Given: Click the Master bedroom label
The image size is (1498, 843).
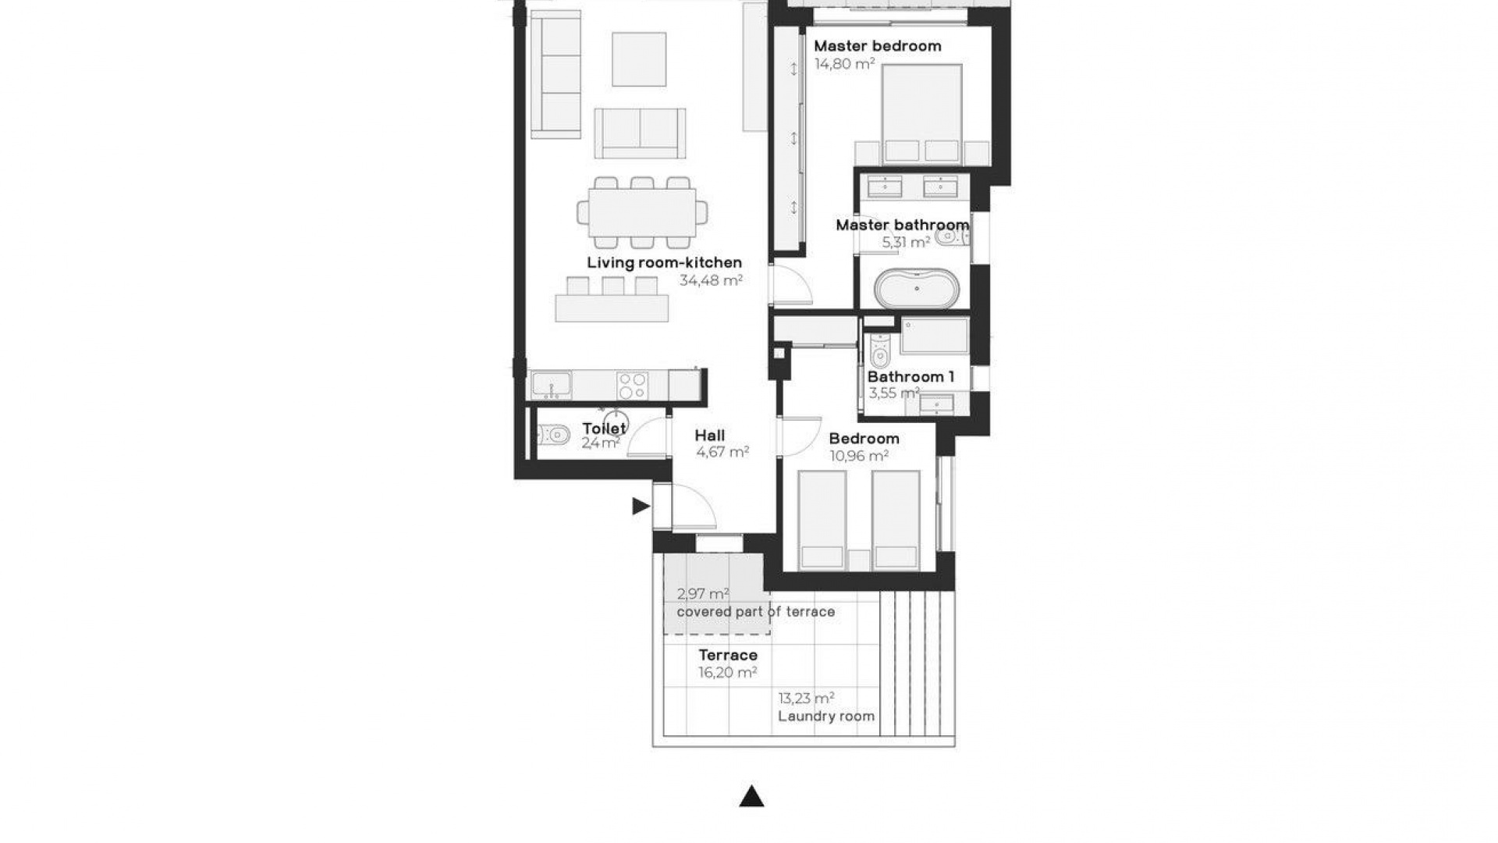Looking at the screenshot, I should (878, 46).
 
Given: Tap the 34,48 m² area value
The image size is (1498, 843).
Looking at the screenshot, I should (711, 280).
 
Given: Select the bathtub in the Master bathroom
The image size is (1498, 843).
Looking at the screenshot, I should (915, 289).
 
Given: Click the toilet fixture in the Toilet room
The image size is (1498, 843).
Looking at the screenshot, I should (553, 434).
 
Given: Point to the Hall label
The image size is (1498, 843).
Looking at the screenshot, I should (710, 436).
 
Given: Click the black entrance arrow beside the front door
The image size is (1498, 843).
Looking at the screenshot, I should (641, 507).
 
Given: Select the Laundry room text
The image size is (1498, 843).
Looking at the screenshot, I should (826, 717).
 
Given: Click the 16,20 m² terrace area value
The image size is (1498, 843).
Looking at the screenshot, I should (727, 673).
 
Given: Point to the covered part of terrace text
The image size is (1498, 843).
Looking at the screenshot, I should (755, 612).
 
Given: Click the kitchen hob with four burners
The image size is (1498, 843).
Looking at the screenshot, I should (632, 386).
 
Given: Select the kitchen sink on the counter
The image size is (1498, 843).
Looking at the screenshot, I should (552, 386).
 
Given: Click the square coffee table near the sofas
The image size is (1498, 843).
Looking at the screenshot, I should (639, 59).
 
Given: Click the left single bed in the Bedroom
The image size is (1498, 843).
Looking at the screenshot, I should (822, 518).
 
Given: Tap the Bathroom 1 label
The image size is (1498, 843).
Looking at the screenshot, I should (911, 377).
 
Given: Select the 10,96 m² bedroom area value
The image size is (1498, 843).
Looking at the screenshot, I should (859, 456).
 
